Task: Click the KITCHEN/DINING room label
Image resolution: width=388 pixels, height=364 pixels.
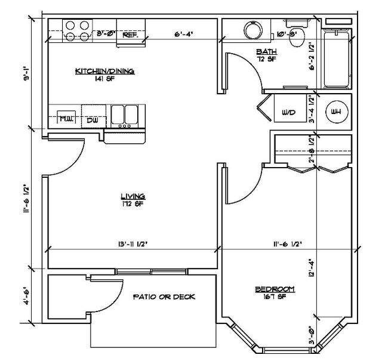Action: click(104, 71)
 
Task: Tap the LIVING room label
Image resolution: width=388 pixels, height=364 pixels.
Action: click(133, 196)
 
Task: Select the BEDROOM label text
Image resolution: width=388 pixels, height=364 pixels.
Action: click(275, 289)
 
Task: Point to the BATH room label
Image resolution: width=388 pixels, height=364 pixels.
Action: click(264, 52)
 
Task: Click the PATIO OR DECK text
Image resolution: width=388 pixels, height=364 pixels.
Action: click(164, 297)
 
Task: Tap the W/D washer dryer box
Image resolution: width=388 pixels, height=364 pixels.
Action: click(288, 112)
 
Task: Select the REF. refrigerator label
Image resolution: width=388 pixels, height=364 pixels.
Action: click(130, 35)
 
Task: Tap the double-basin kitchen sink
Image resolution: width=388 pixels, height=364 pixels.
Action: click(124, 115)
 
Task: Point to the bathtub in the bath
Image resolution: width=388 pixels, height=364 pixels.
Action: click(335, 58)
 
